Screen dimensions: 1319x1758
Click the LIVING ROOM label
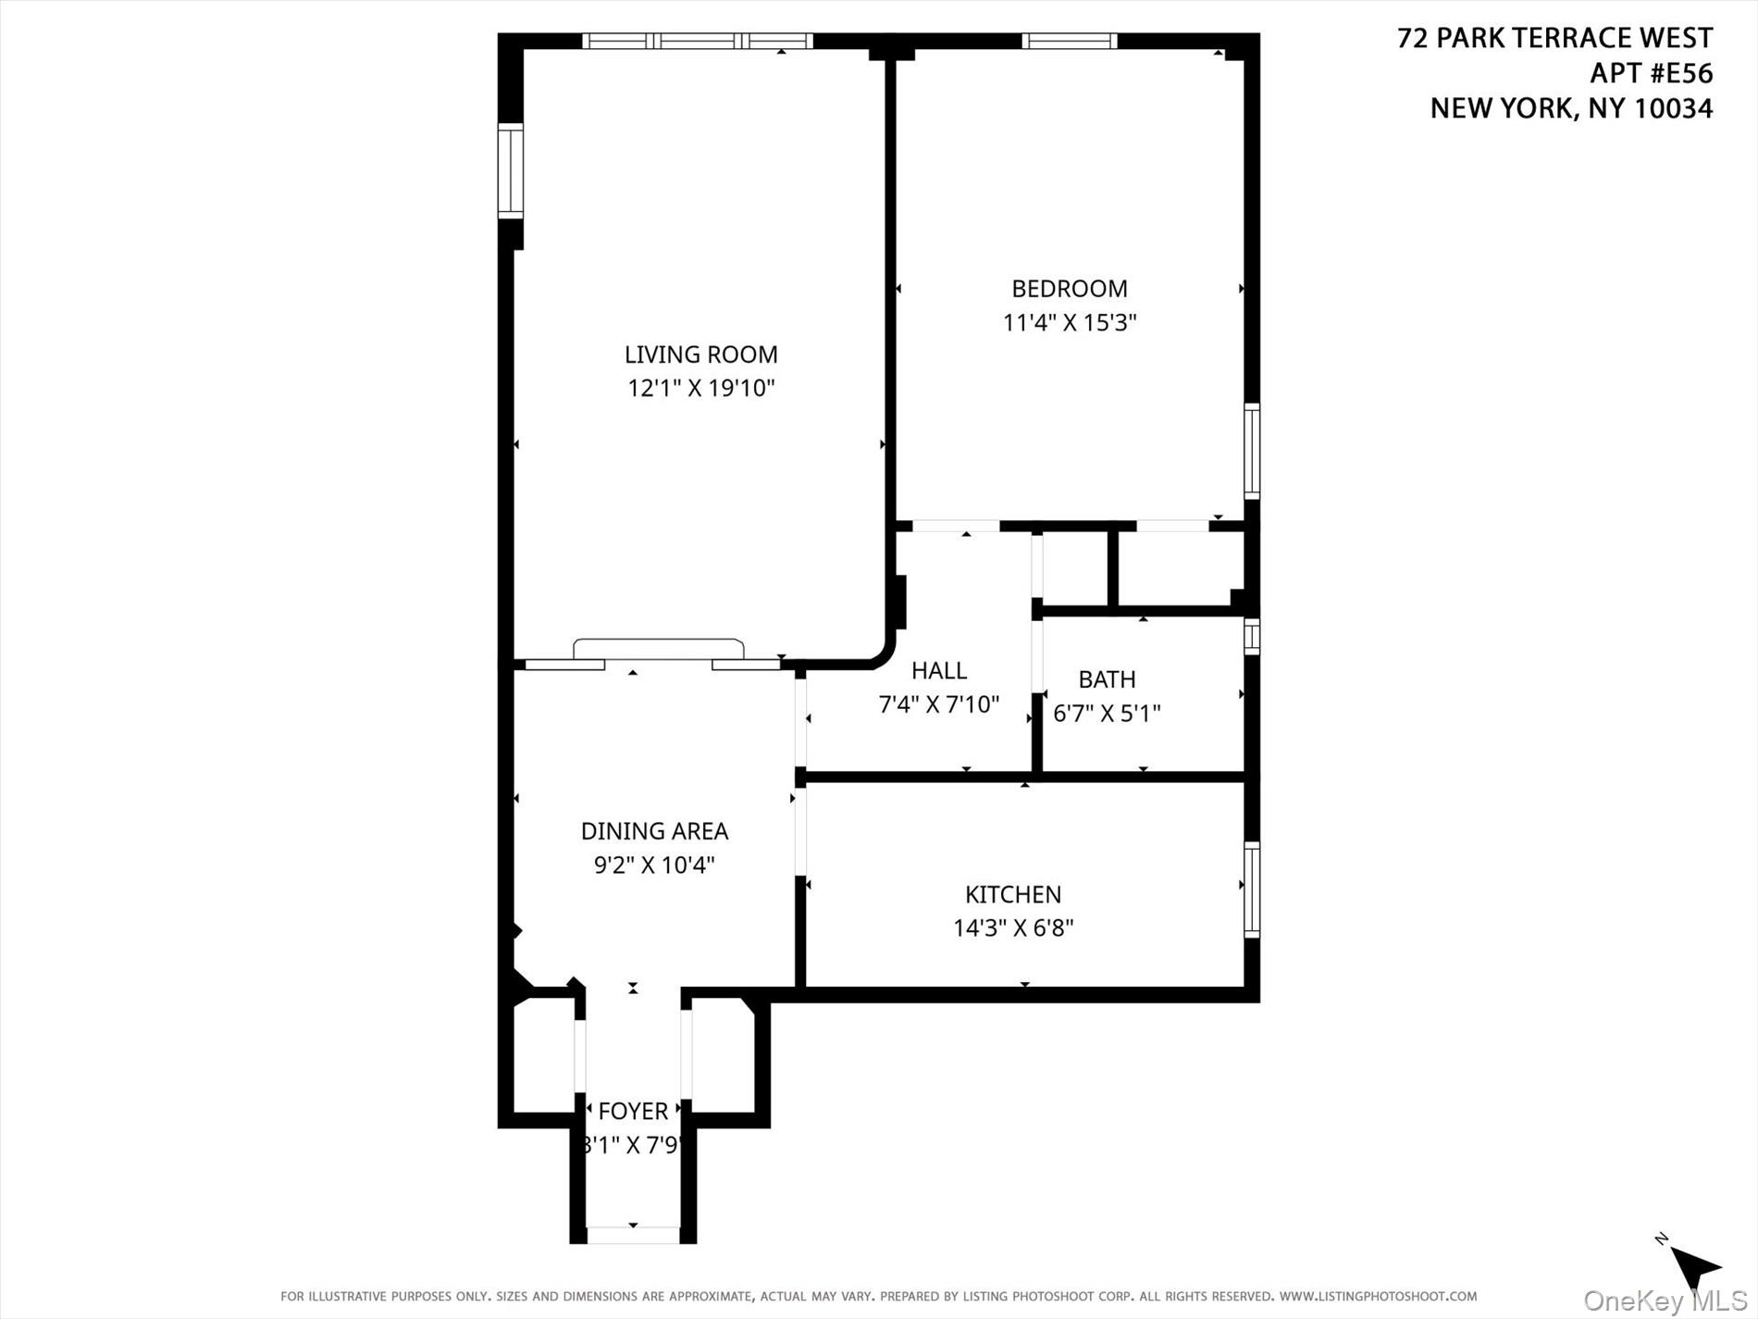[x=700, y=355]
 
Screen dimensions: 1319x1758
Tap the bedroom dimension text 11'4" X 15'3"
[x=1070, y=323]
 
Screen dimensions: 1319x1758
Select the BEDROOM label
[x=1070, y=289]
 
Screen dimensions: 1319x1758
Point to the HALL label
[x=938, y=671]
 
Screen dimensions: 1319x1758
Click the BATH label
[x=1107, y=679]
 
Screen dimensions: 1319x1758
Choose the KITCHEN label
[x=1013, y=894]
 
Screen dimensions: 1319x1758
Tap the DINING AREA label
[x=654, y=831]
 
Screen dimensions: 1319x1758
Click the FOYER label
[x=633, y=1112]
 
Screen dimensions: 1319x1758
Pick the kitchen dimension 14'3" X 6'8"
[x=1013, y=927]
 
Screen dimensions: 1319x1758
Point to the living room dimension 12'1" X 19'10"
[x=700, y=388]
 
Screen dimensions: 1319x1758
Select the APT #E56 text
[x=1651, y=73]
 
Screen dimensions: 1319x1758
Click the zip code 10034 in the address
[x=1674, y=108]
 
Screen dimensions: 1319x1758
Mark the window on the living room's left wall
[x=511, y=171]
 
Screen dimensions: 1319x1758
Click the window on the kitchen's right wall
[x=1252, y=890]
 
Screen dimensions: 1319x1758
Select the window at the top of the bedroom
[x=1069, y=41]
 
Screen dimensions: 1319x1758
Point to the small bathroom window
[x=1252, y=637]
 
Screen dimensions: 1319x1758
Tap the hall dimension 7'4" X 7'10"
[x=938, y=705]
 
